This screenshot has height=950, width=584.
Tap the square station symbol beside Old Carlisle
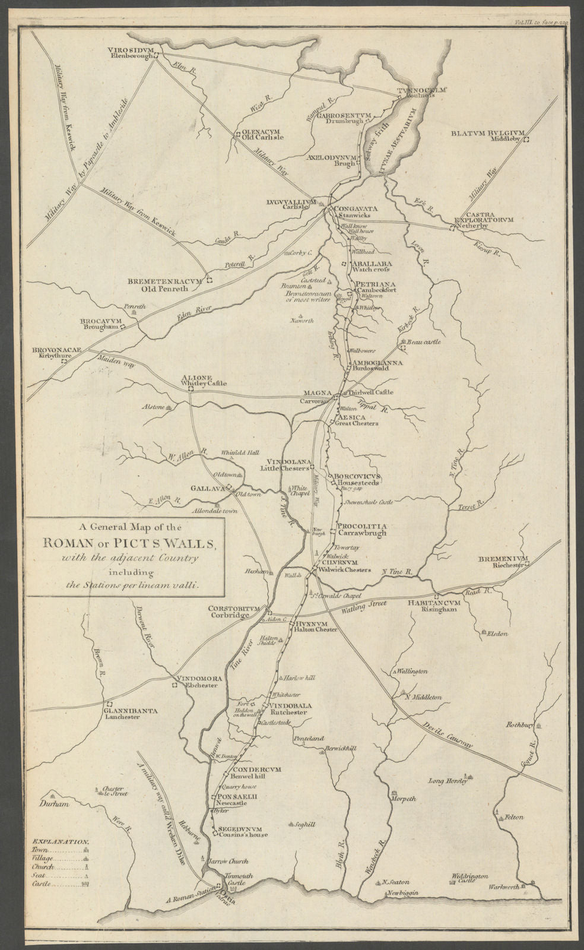pos(237,134)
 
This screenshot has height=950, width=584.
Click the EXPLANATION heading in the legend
pos(60,842)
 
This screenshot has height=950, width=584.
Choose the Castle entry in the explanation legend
pos(41,885)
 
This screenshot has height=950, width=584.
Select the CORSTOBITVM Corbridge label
pos(228,612)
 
